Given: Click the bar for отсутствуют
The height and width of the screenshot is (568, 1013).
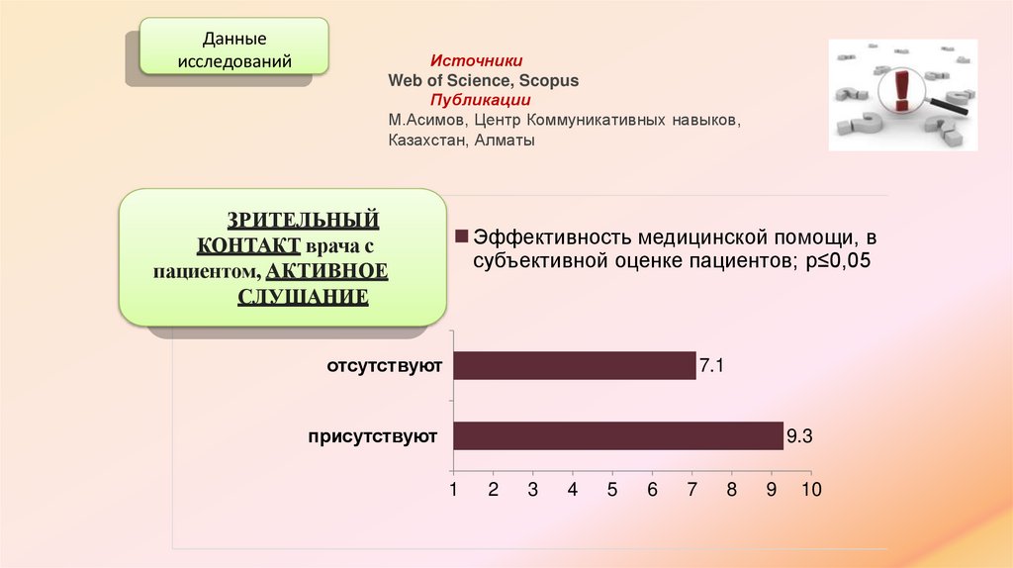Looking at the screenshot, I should pos(574,365).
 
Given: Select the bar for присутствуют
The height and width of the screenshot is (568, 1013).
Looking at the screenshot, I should pos(617,435).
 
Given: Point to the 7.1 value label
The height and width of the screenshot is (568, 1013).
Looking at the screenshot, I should pos(712,366).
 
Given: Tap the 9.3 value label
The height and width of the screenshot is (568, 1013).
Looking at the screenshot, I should pos(799,435).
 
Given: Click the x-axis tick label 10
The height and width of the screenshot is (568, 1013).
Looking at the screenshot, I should pos(811,490).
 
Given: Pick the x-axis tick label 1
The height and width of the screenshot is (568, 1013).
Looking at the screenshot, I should pos(453,490).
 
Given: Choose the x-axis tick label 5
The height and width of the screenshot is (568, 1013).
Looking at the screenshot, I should pos(612,490).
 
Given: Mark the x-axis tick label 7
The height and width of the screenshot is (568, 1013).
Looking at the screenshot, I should pos(692,490).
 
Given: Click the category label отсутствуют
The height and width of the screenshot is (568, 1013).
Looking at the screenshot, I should pos(384,366).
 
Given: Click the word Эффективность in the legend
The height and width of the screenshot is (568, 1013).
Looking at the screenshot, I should pos(551,237).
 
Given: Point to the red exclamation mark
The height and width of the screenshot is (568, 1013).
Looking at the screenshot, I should pos(900,90).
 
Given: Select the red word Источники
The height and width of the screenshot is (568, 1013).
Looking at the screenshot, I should pos(476,61).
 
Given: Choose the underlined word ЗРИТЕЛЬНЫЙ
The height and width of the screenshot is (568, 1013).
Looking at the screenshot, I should pos(302,219).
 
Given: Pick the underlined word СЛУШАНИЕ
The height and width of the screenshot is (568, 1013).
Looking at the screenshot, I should pos(303,296).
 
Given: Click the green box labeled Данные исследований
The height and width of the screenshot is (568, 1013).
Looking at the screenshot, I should pos(233,50).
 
